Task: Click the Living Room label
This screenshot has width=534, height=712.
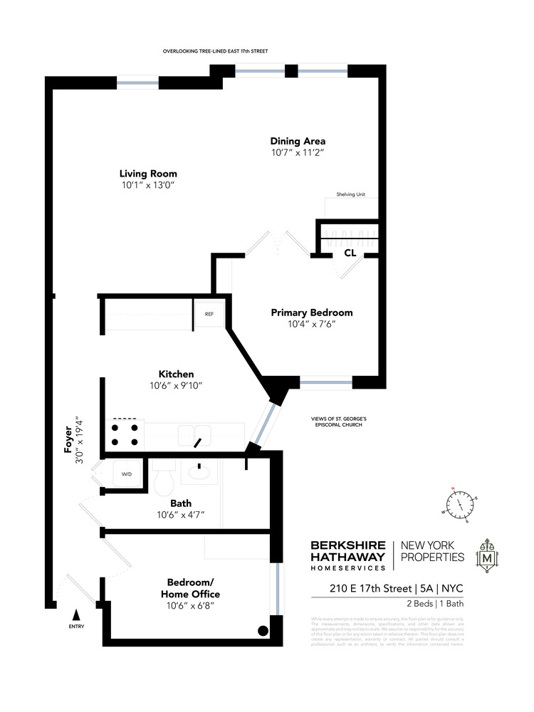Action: [148, 174]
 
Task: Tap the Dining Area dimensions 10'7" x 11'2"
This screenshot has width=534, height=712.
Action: [297, 152]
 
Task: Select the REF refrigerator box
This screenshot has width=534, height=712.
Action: [209, 313]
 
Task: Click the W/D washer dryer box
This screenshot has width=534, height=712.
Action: [127, 473]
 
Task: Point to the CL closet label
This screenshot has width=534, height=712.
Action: [350, 253]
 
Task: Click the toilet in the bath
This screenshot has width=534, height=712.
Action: [164, 478]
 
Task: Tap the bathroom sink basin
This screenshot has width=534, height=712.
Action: [197, 472]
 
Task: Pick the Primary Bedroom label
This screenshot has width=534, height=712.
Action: [311, 313]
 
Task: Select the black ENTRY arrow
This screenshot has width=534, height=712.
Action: [76, 613]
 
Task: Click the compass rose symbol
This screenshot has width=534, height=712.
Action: [460, 503]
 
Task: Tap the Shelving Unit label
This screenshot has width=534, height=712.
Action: [351, 194]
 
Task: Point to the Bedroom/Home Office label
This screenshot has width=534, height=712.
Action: [189, 587]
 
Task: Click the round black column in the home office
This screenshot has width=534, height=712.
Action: [263, 630]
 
